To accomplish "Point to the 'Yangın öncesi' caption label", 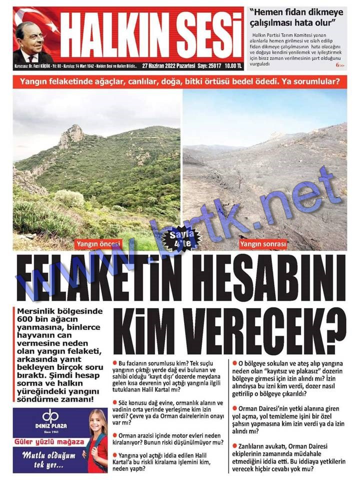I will click(x=98, y=244).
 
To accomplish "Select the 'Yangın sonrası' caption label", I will click(x=263, y=244).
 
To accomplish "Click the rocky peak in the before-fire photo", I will click(x=71, y=134).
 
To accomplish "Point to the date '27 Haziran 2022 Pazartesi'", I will click(x=168, y=65).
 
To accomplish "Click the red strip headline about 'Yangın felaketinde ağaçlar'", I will click(x=179, y=81).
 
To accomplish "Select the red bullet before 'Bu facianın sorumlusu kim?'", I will click(x=115, y=362).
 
